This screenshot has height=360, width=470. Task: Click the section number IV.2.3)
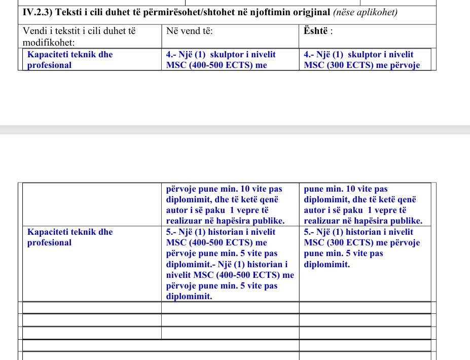(x=39, y=12)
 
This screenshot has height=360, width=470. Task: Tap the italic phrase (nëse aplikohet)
(x=365, y=12)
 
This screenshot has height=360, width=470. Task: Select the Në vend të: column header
(x=189, y=31)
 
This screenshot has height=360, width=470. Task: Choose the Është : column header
(x=318, y=31)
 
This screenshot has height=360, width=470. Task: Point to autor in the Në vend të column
(x=177, y=210)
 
